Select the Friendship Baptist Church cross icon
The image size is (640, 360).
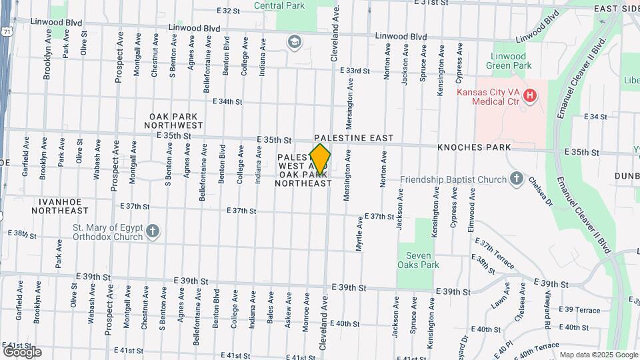[515, 179]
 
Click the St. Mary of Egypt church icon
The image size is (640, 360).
[153, 231]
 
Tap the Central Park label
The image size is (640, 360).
[279, 5]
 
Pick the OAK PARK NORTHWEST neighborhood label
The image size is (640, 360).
[176, 120]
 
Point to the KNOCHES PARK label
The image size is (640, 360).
[474, 147]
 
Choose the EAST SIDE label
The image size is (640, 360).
[617, 9]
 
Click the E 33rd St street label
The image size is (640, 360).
[355, 71]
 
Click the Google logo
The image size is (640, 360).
[22, 351]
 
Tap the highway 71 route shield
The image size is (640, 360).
[6, 31]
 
